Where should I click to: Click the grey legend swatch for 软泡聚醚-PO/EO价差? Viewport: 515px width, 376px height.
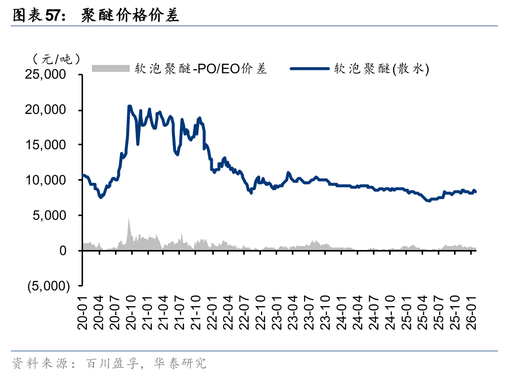(x=111, y=68)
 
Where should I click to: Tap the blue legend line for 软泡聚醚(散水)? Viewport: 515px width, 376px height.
(x=310, y=68)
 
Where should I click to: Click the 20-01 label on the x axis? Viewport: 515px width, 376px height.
(x=84, y=312)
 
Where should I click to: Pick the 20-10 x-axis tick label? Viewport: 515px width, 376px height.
(x=131, y=312)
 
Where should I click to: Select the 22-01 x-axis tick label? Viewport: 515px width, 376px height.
(x=212, y=312)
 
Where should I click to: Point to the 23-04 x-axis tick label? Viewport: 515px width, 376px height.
(x=292, y=312)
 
